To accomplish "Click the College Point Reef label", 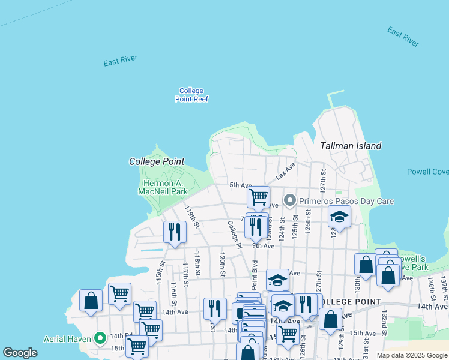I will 191,95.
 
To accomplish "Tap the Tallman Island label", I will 351,146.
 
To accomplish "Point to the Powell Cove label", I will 427,172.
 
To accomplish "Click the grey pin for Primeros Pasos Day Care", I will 290,200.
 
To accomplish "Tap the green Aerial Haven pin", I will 100,338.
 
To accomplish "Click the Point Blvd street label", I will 254,275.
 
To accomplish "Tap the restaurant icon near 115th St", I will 175,232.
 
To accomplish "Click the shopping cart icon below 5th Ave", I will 258,196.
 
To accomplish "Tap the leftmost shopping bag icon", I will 91,301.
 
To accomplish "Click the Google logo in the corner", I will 20,353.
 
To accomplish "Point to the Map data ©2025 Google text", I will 412,355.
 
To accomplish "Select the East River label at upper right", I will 403,37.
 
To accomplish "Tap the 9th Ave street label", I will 263,246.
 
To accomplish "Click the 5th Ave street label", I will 240,185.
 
